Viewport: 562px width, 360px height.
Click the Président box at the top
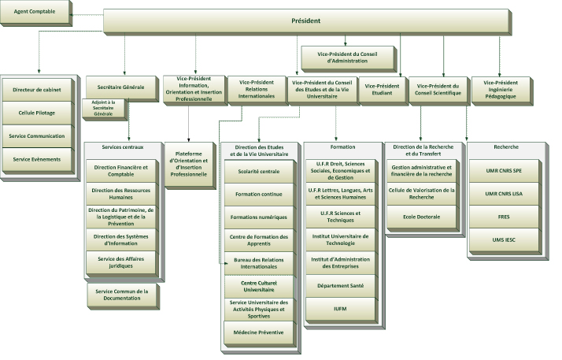(306, 20)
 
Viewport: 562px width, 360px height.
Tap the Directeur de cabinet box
(38, 90)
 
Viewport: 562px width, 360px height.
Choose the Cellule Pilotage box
(38, 113)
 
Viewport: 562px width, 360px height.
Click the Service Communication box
(38, 135)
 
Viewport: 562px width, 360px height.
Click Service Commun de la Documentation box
(122, 295)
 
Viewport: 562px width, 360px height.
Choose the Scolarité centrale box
(259, 171)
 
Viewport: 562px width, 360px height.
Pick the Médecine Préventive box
(259, 333)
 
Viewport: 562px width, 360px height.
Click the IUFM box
(340, 309)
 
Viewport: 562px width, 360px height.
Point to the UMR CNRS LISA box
(503, 193)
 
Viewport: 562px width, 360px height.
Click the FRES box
(503, 216)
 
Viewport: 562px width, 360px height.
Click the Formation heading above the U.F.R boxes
(340, 147)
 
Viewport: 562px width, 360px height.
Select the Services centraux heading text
(122, 147)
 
